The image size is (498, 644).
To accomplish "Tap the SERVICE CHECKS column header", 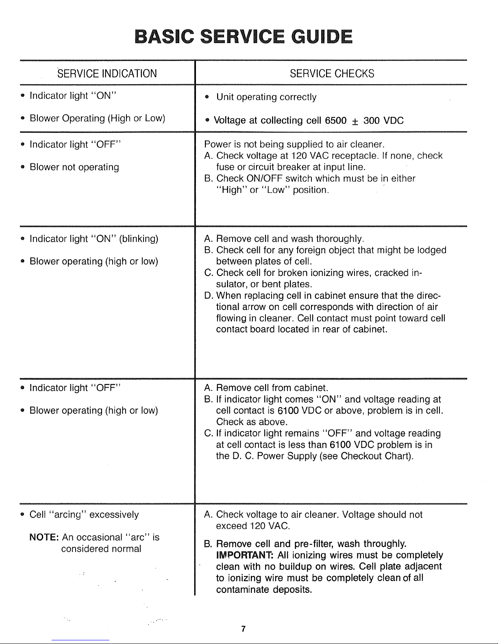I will (x=332, y=74).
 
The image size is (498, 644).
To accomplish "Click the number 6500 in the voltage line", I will (x=335, y=121).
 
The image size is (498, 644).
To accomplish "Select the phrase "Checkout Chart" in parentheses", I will (x=375, y=456).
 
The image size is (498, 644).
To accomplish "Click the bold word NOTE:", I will (x=45, y=538).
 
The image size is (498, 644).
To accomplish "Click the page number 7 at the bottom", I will (x=243, y=629).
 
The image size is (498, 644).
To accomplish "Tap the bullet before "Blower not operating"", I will (x=22, y=167).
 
